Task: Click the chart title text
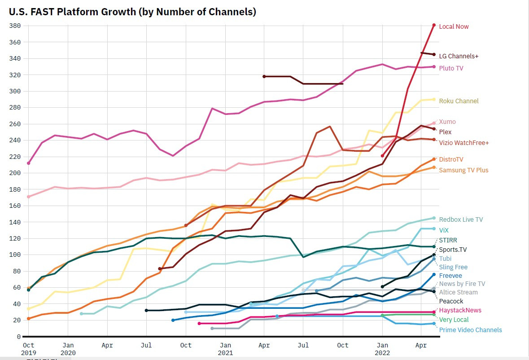pyautogui.click(x=132, y=12)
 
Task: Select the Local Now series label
pyautogui.click(x=454, y=26)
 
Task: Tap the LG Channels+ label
pyautogui.click(x=459, y=56)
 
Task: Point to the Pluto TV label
pyautogui.click(x=451, y=68)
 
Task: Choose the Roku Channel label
pyautogui.click(x=459, y=101)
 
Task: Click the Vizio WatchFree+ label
pyautogui.click(x=463, y=143)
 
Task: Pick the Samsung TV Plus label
pyautogui.click(x=463, y=170)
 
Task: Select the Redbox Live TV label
pyautogui.click(x=461, y=220)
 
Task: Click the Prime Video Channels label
pyautogui.click(x=470, y=330)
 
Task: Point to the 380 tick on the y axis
pyautogui.click(x=15, y=26)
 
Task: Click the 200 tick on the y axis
pyautogui.click(x=15, y=173)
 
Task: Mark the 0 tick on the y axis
pyautogui.click(x=19, y=337)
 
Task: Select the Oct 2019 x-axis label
pyautogui.click(x=28, y=349)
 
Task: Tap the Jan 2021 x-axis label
pyautogui.click(x=225, y=349)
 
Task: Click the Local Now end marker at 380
pyautogui.click(x=434, y=25)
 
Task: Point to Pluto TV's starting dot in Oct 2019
pyautogui.click(x=29, y=163)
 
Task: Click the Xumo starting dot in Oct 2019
pyautogui.click(x=29, y=197)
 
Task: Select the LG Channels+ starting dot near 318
pyautogui.click(x=264, y=76)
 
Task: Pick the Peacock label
pyautogui.click(x=451, y=301)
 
